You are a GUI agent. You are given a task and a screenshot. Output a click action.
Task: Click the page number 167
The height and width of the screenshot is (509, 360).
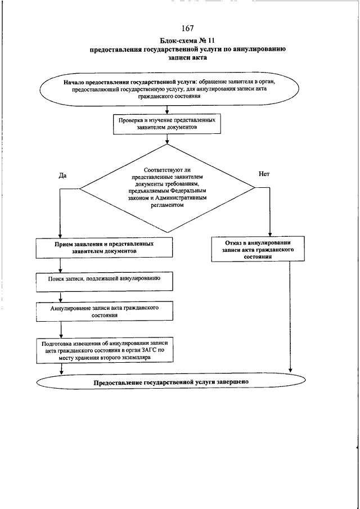188,29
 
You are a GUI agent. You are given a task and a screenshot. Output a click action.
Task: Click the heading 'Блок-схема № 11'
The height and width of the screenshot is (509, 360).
188,41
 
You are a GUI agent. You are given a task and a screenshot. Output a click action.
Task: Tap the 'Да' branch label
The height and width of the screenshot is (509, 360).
62,175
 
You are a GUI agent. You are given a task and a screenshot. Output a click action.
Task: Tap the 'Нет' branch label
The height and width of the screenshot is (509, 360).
264,174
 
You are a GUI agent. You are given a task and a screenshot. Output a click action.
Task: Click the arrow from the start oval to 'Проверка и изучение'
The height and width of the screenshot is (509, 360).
167,110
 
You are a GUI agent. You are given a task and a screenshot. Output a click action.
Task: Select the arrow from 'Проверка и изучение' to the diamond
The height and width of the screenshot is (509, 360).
167,138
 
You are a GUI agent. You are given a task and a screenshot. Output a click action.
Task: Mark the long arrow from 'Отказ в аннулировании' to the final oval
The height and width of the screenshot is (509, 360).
290,317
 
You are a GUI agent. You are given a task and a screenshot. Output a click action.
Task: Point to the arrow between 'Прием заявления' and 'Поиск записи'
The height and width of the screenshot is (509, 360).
60,265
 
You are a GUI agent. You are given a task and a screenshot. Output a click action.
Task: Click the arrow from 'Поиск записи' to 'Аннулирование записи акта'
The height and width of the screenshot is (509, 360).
60,296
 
